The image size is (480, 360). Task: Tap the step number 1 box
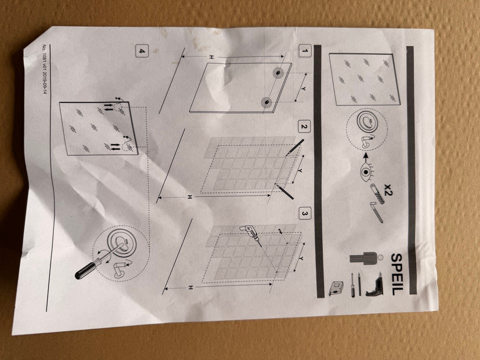tap(304, 51)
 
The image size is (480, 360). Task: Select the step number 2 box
tap(303, 126)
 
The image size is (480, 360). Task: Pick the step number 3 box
tap(304, 213)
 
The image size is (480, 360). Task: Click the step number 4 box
tap(141, 51)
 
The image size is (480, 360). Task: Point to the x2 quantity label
tap(388, 189)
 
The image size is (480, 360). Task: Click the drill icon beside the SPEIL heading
tap(374, 284)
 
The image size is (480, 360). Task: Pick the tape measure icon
tap(336, 289)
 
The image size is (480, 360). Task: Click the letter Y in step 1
tap(303, 88)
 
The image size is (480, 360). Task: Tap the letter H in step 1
tap(211, 57)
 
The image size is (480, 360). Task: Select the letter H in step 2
tap(190, 197)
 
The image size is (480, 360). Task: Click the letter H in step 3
tap(190, 287)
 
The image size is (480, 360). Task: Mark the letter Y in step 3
tap(301, 258)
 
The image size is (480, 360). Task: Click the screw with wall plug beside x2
tap(376, 194)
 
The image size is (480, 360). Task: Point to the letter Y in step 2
tap(300, 170)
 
